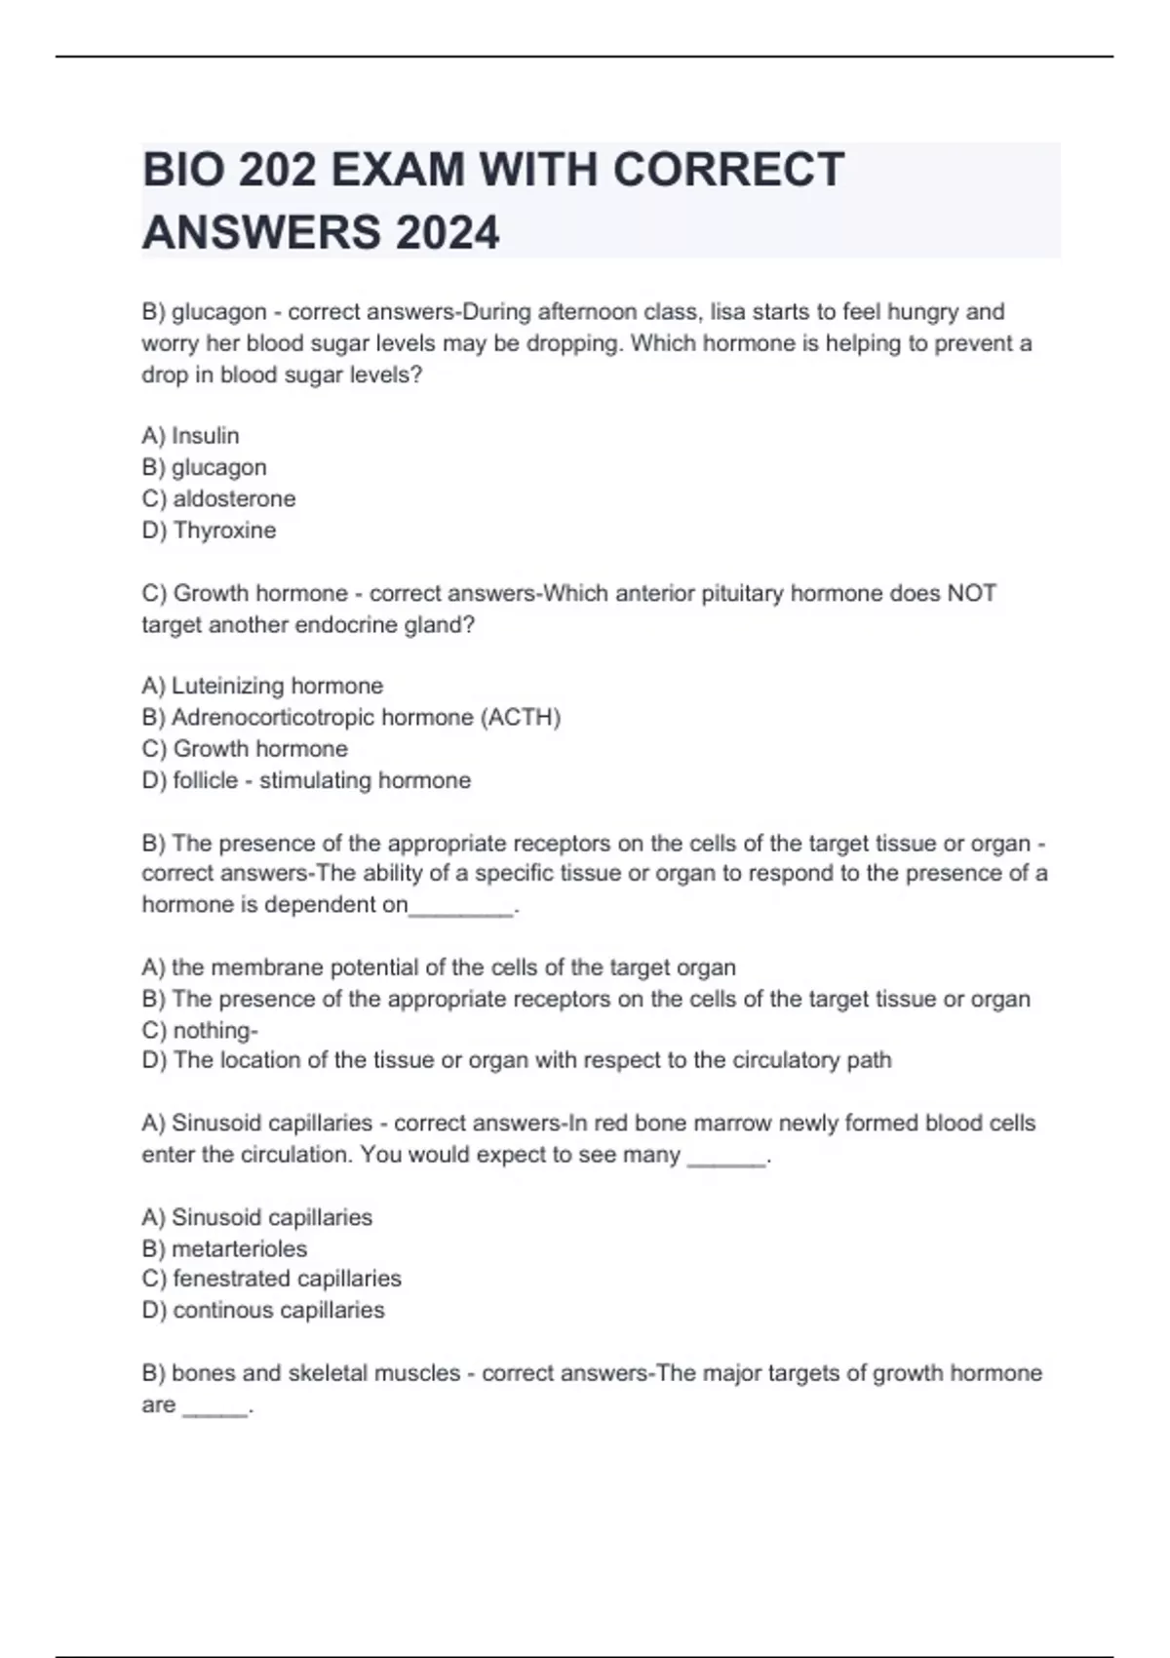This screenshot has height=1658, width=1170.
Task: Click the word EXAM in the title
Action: click(x=396, y=171)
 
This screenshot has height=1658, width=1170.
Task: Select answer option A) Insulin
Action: click(x=190, y=435)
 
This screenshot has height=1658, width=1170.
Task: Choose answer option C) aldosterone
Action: click(x=218, y=498)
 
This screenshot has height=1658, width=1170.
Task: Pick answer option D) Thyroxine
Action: click(x=209, y=530)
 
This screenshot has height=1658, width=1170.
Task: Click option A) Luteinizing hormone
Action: click(x=262, y=686)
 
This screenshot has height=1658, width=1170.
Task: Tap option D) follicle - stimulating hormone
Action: click(x=306, y=780)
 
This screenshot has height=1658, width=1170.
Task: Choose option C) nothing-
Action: click(x=200, y=1030)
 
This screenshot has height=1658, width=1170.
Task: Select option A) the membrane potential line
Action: click(x=439, y=967)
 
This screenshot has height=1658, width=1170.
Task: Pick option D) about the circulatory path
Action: click(x=517, y=1060)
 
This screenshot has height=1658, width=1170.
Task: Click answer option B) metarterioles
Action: click(x=224, y=1248)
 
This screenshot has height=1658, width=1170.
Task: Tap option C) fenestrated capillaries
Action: click(x=271, y=1279)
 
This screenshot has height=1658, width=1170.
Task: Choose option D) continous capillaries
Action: click(x=263, y=1310)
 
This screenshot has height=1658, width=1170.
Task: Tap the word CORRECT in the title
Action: click(x=728, y=171)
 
